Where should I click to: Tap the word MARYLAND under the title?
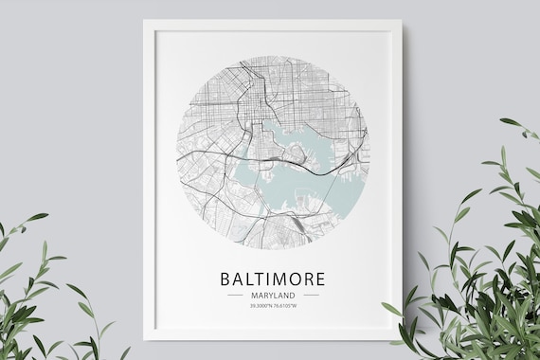(273, 295)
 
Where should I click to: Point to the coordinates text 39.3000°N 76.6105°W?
(273, 306)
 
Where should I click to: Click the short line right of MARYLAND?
(311, 295)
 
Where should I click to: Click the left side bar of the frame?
(149, 180)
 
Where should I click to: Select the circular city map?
(273, 152)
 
